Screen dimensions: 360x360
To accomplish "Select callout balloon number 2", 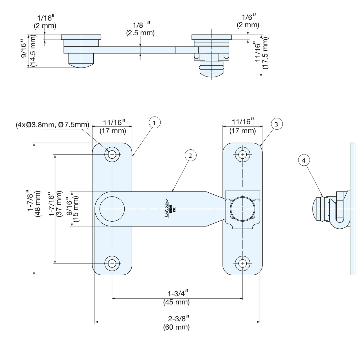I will [x=190, y=155].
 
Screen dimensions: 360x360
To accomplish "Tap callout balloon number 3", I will [x=276, y=124].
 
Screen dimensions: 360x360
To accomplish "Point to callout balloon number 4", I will [x=303, y=160].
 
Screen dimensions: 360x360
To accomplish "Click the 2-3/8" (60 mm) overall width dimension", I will [x=176, y=323].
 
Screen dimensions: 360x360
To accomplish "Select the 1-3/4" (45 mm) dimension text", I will [x=176, y=298].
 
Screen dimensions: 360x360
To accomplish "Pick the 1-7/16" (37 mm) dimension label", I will [x=55, y=205].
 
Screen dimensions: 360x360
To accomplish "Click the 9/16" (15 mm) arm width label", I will [x=72, y=209].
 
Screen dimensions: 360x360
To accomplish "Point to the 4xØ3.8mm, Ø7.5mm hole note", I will [x=53, y=125].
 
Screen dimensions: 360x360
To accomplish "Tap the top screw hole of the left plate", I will [x=112, y=154].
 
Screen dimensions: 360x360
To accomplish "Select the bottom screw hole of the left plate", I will [x=112, y=263].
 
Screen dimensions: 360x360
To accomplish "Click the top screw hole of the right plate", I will [x=242, y=154].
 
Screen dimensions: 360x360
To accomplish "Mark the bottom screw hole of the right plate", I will [x=242, y=263].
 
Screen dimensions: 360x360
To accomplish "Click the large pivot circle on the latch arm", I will [x=112, y=209].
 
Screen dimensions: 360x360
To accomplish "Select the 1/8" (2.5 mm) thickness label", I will [x=140, y=29].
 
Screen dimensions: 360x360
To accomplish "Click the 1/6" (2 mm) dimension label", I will [x=248, y=21].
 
